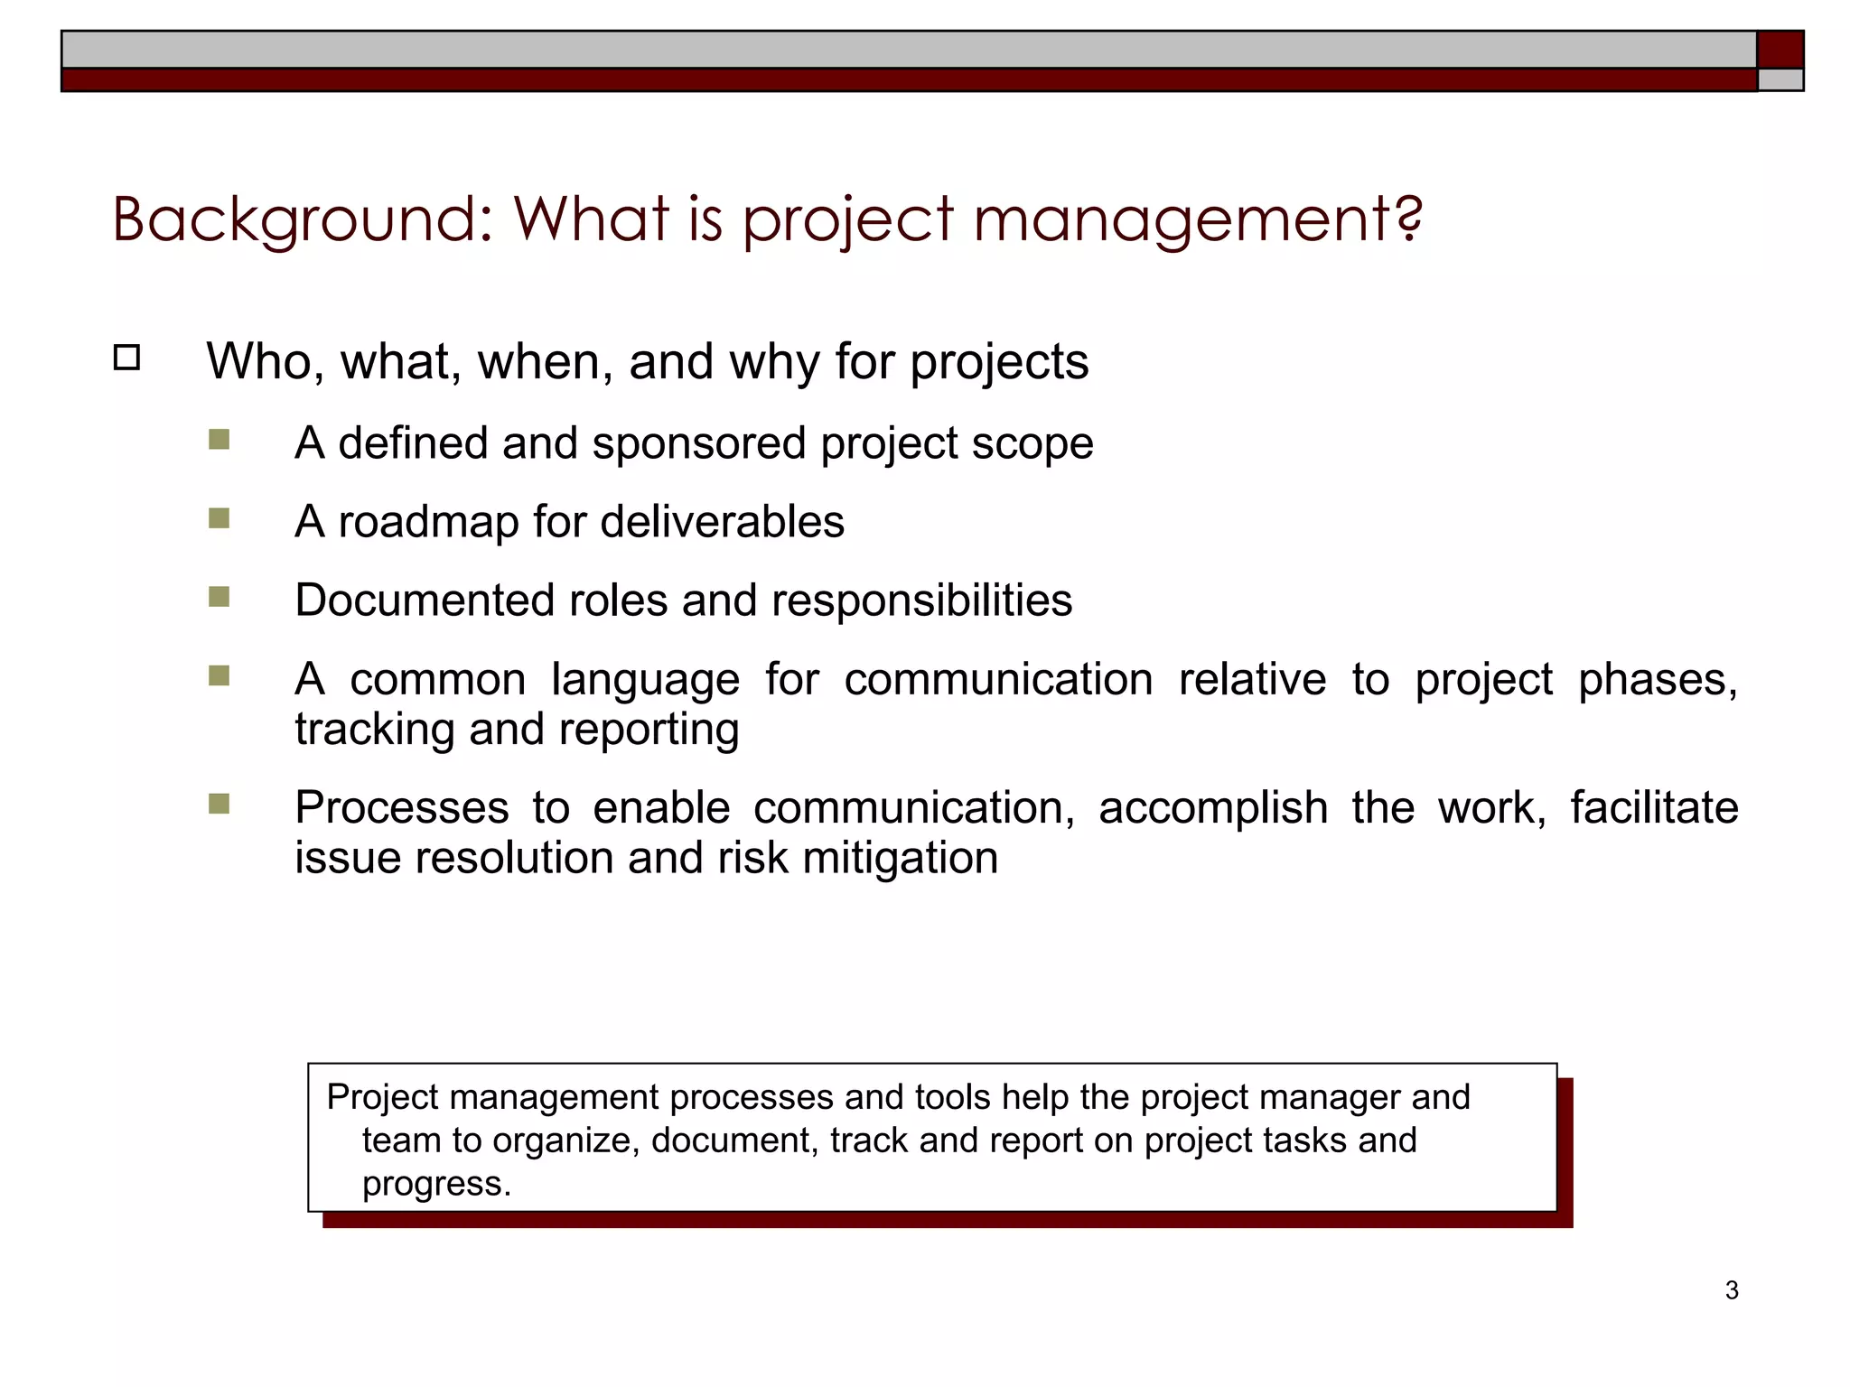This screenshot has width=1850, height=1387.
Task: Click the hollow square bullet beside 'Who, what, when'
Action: (x=127, y=358)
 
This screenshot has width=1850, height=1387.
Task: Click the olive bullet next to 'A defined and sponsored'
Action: (x=219, y=440)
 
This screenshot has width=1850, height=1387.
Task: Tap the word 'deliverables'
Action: (x=722, y=522)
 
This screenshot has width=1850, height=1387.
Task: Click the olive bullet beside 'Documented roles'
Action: (x=219, y=597)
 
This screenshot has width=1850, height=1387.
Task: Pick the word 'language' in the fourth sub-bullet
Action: (x=645, y=680)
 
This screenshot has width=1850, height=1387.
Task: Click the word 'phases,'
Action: (x=1658, y=680)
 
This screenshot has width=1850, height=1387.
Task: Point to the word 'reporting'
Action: (x=649, y=730)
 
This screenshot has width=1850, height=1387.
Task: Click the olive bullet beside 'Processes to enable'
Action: (x=219, y=804)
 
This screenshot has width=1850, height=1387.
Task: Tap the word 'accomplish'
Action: (x=1212, y=808)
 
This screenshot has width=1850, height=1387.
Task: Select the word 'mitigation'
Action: (x=900, y=858)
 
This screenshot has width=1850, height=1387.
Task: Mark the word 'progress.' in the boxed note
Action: (x=436, y=1184)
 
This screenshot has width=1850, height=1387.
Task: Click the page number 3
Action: (x=1731, y=1290)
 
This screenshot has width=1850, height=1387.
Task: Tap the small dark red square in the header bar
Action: (x=1780, y=49)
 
